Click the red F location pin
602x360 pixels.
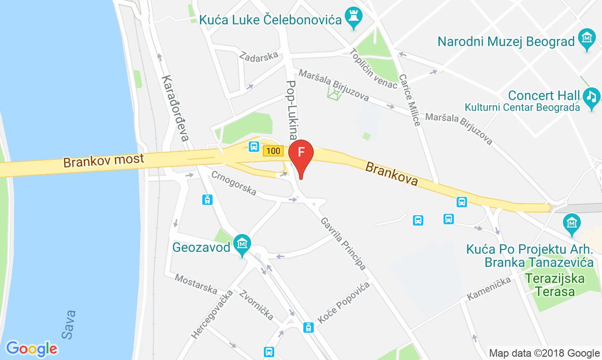(x=301, y=153)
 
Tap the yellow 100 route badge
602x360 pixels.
(x=273, y=151)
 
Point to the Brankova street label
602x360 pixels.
(x=391, y=173)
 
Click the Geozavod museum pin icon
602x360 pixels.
(x=242, y=244)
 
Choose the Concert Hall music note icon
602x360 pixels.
(x=591, y=97)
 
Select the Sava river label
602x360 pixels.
(x=69, y=324)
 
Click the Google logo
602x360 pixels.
(x=32, y=349)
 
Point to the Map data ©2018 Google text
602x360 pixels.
(x=544, y=353)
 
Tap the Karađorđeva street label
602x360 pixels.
(x=175, y=108)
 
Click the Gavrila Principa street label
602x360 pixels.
(x=343, y=243)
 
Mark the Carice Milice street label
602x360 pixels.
(x=410, y=100)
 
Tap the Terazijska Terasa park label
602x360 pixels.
(x=555, y=285)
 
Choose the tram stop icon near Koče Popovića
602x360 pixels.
(x=308, y=327)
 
